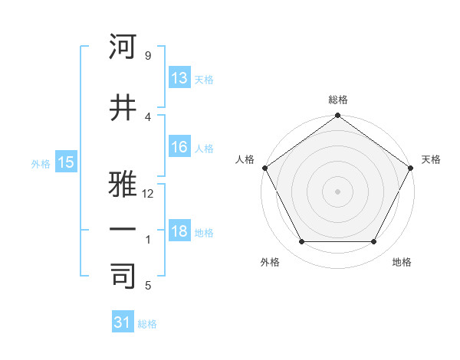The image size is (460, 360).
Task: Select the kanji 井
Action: [123, 107]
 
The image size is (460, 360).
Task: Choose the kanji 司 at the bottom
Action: [123, 275]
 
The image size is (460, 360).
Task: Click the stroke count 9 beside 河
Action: [148, 57]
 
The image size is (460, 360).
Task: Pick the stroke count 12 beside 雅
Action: [149, 194]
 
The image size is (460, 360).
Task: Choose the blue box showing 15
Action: [65, 162]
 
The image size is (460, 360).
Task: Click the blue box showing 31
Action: [123, 322]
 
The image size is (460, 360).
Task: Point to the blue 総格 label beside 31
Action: [147, 324]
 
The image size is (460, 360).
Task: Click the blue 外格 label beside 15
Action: [41, 163]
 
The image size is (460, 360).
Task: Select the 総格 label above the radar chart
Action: [338, 100]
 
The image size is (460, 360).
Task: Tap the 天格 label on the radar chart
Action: [432, 159]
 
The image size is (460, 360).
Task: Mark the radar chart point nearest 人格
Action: [265, 168]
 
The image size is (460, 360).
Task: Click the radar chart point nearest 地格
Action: [374, 242]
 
